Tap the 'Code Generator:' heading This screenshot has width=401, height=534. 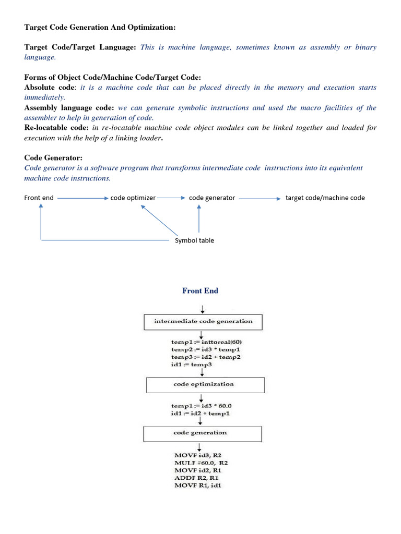[x=53, y=157]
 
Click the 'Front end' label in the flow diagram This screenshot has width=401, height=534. [x=39, y=198]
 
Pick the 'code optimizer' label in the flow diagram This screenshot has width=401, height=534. [x=133, y=198]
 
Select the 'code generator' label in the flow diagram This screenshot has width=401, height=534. [x=212, y=198]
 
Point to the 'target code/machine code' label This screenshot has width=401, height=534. [x=325, y=198]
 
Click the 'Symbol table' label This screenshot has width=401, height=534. [x=194, y=240]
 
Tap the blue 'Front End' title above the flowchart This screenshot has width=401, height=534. [x=200, y=291]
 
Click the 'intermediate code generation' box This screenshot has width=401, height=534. [x=203, y=321]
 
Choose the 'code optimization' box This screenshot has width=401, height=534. [x=203, y=384]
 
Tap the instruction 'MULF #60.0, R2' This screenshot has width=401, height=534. [x=202, y=463]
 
